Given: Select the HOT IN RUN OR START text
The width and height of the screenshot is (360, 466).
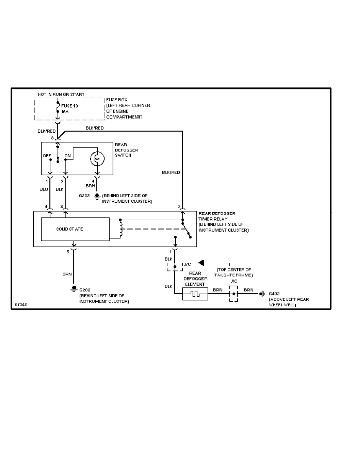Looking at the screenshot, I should (61, 95).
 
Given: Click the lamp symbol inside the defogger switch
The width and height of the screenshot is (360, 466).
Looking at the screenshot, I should (96, 158).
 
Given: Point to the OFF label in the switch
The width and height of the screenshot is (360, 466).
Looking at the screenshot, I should (47, 156).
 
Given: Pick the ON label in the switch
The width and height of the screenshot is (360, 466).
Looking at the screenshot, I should (67, 156).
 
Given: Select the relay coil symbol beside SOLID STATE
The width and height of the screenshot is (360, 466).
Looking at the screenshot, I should (118, 229).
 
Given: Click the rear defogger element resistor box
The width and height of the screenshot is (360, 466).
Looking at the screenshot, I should (195, 294).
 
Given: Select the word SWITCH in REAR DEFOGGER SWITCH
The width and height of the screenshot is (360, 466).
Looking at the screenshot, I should (123, 156).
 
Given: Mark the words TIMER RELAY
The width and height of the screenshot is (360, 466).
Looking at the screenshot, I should (212, 219).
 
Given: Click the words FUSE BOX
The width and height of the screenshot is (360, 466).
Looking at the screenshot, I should (117, 100).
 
